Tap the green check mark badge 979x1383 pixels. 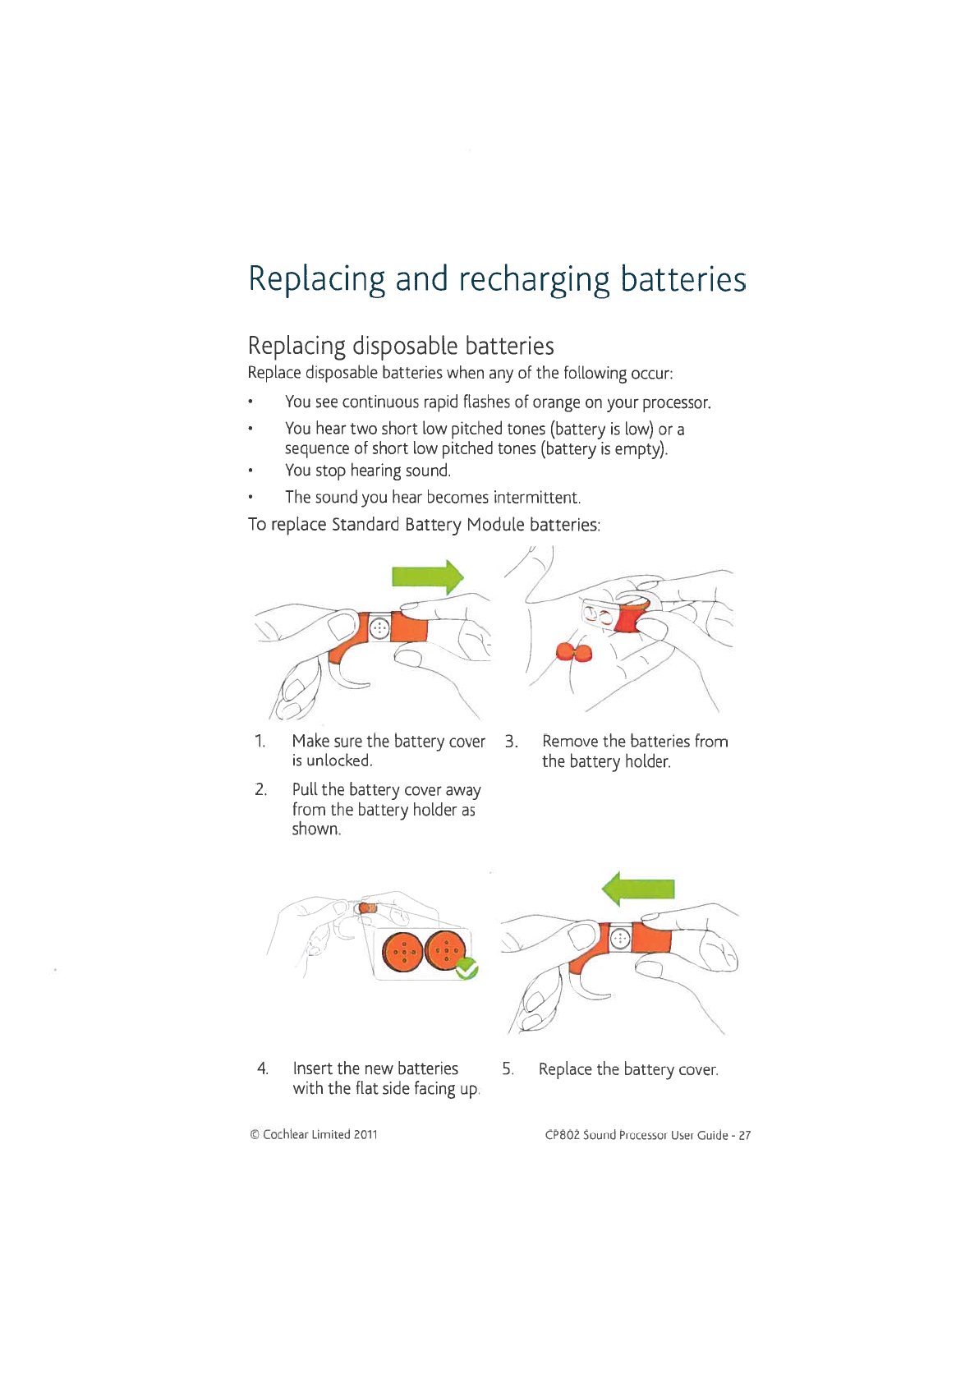pyautogui.click(x=467, y=969)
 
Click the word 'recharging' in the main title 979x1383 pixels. pyautogui.click(x=534, y=280)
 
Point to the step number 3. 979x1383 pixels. pyautogui.click(x=511, y=742)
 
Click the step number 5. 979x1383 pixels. pyautogui.click(x=508, y=1069)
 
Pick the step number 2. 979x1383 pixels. pyautogui.click(x=260, y=789)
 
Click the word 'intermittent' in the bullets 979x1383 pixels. pyautogui.click(x=536, y=498)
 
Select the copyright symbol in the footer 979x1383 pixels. pyautogui.click(x=255, y=1135)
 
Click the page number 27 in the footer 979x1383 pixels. pyautogui.click(x=744, y=1136)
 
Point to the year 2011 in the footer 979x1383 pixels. pyautogui.click(x=365, y=1135)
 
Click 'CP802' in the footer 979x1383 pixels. pyautogui.click(x=562, y=1136)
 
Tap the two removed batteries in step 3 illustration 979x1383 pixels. pyautogui.click(x=574, y=653)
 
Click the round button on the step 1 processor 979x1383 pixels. pyautogui.click(x=379, y=628)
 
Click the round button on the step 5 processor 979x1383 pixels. pyautogui.click(x=620, y=938)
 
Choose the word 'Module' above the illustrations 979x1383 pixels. pyautogui.click(x=495, y=525)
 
